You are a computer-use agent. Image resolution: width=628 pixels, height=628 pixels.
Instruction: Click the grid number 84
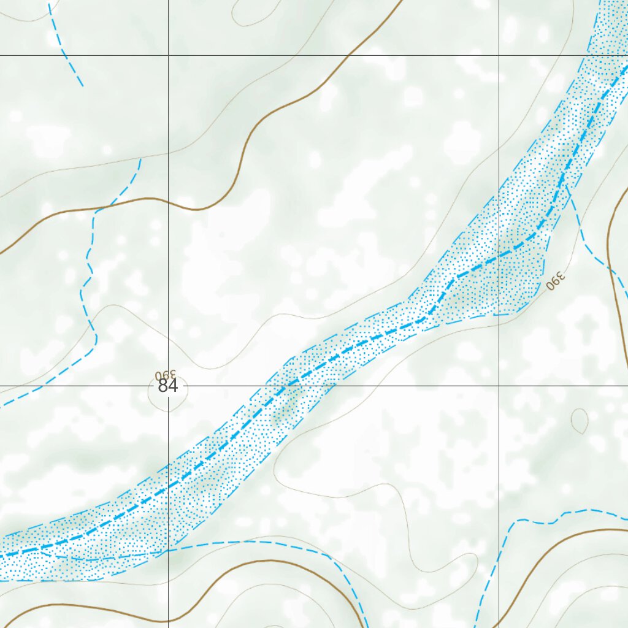(x=167, y=386)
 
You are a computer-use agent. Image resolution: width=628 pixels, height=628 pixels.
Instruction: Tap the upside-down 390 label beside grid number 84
(x=166, y=373)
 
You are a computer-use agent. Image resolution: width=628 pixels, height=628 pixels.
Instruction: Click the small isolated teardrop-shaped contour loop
(x=579, y=421)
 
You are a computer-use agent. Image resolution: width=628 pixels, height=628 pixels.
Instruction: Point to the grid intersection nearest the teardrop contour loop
(x=499, y=386)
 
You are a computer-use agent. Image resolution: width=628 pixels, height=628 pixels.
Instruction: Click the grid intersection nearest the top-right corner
(x=499, y=55)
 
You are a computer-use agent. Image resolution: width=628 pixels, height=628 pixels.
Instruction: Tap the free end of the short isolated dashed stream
(x=83, y=86)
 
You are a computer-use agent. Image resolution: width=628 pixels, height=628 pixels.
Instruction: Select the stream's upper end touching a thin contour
(x=140, y=159)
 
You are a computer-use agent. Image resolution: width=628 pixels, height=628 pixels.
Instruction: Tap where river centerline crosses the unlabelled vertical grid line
(x=499, y=253)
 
